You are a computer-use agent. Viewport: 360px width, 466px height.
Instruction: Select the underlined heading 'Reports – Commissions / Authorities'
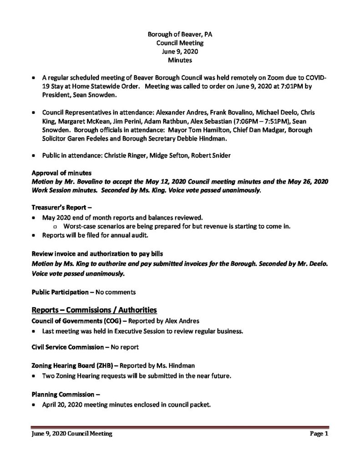(94, 310)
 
